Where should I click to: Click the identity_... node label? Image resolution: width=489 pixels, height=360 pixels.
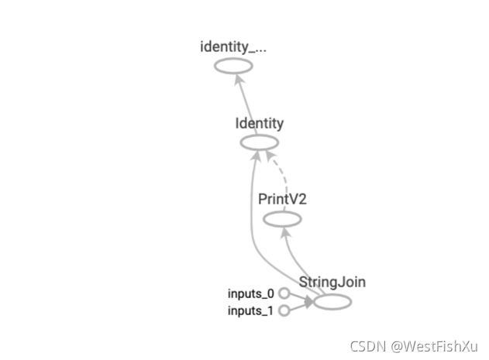click(233, 46)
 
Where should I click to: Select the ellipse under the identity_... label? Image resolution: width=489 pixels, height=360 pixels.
click(233, 66)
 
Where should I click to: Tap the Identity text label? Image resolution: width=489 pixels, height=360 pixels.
click(260, 123)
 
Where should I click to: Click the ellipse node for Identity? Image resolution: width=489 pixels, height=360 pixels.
click(260, 142)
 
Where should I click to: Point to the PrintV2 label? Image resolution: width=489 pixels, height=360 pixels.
click(282, 199)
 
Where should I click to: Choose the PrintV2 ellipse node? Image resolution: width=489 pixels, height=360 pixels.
click(282, 219)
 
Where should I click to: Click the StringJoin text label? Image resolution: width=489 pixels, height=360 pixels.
click(332, 282)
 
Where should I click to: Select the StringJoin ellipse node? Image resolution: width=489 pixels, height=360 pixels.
click(332, 302)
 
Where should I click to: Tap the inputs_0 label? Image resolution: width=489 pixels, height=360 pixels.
click(250, 293)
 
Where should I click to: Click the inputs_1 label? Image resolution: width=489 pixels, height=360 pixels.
click(250, 311)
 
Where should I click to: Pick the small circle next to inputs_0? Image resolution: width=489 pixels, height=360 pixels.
click(284, 293)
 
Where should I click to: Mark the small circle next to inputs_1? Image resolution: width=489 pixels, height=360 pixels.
click(284, 311)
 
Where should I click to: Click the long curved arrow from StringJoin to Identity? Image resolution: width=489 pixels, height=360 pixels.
click(252, 225)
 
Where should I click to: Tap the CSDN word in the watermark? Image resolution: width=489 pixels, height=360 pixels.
click(367, 346)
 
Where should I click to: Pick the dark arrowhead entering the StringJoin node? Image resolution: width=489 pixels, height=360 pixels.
click(308, 303)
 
